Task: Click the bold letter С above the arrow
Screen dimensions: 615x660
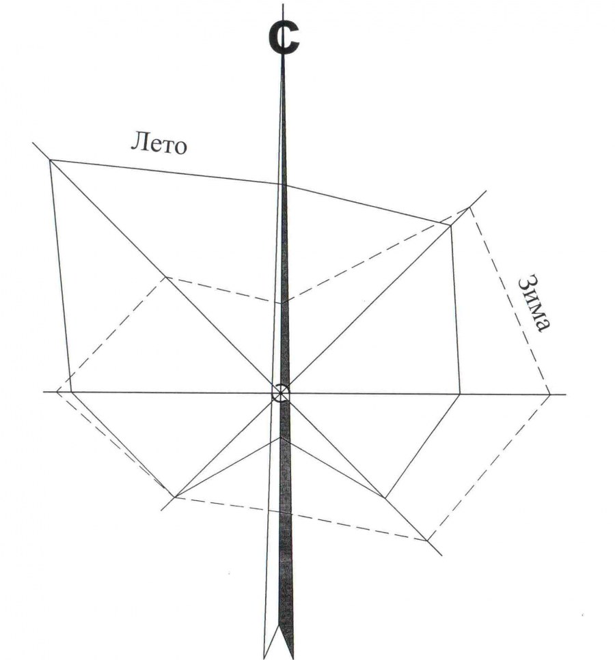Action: [x=284, y=39]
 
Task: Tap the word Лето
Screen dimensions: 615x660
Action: [x=159, y=143]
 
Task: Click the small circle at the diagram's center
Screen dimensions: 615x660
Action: [x=280, y=393]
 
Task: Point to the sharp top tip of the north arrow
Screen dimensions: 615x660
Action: [x=283, y=57]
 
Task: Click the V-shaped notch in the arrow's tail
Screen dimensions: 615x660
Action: [x=278, y=629]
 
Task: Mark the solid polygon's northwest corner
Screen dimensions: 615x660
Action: [x=50, y=160]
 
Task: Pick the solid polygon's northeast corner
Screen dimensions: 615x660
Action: [x=450, y=226]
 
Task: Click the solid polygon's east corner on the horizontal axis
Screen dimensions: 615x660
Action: [x=460, y=394]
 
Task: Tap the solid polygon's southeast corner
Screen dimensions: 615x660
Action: [x=385, y=498]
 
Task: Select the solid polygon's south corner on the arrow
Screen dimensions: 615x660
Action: [x=281, y=437]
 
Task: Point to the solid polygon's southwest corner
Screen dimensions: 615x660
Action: [x=175, y=498]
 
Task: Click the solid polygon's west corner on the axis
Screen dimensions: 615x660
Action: [x=72, y=392]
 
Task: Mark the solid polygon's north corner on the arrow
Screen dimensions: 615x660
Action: [x=282, y=184]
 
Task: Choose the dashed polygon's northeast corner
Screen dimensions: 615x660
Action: [x=469, y=207]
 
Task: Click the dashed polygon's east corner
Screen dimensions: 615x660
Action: [x=549, y=394]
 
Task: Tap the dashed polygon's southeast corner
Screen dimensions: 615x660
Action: [x=427, y=541]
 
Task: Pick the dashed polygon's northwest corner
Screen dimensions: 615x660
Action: [x=166, y=277]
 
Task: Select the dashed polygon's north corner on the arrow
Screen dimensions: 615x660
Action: [x=282, y=302]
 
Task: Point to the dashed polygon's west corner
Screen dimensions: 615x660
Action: [x=57, y=392]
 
